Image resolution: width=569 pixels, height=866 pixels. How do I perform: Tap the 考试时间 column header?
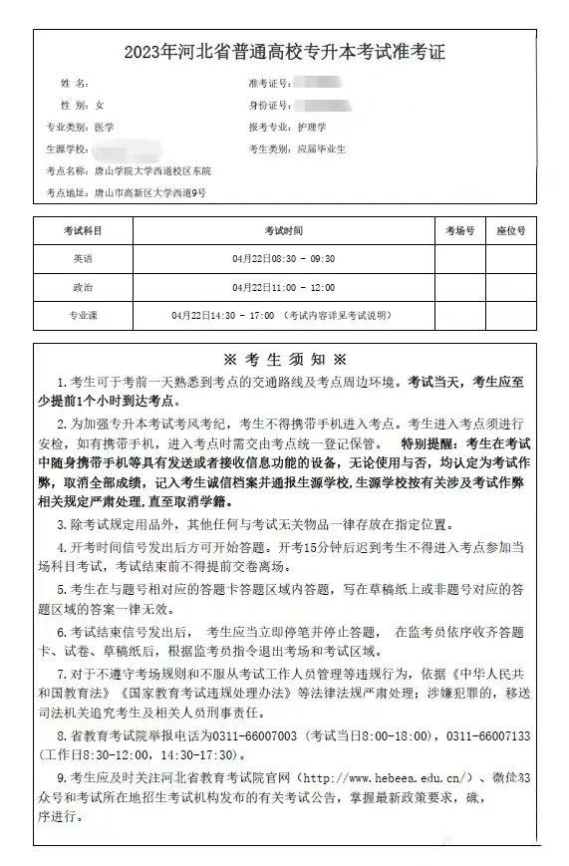(283, 230)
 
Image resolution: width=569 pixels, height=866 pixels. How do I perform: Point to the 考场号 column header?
(459, 230)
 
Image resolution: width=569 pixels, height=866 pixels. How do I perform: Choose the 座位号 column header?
(511, 230)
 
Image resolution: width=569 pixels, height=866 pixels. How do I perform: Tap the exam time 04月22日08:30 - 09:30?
(283, 259)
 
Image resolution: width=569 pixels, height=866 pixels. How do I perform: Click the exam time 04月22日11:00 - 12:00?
(283, 287)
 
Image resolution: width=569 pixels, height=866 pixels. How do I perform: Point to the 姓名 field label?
(75, 83)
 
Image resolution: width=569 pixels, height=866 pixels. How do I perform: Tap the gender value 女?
(100, 105)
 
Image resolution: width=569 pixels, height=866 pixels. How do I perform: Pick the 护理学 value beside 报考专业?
(311, 128)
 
